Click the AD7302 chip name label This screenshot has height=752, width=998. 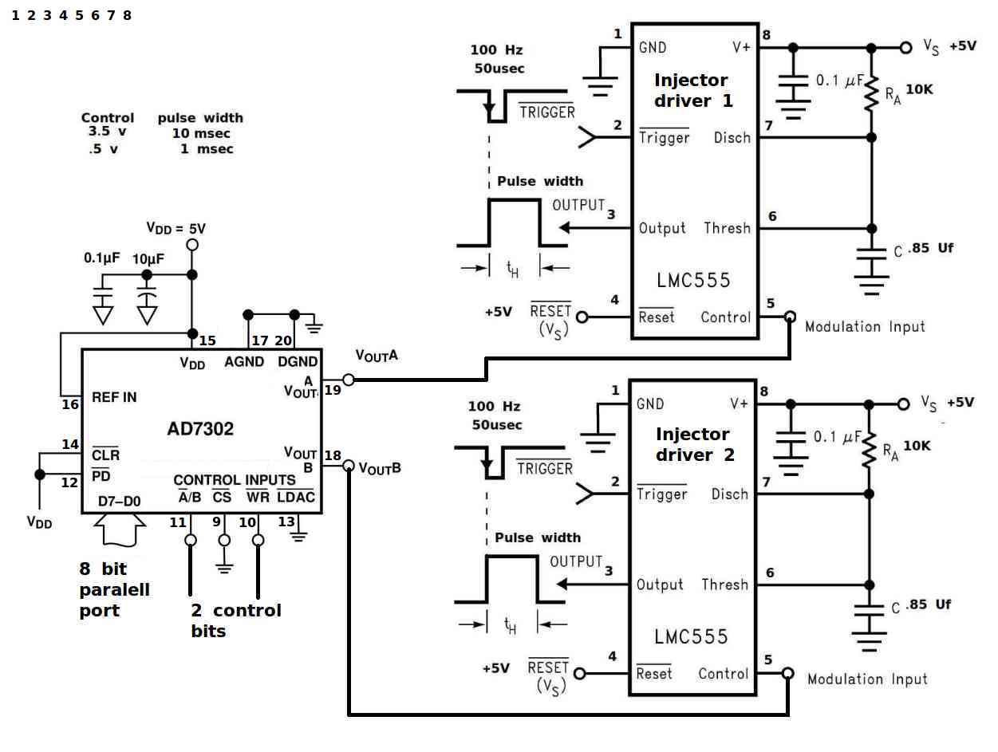(200, 428)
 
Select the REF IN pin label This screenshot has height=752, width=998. (114, 397)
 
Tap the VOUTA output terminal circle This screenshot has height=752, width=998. (349, 380)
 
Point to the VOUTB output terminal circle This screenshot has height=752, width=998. (349, 465)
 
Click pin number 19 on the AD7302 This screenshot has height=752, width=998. (333, 390)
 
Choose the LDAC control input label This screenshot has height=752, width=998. (295, 496)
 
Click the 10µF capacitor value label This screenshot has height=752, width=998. (148, 258)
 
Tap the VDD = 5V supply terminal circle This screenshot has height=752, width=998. (192, 245)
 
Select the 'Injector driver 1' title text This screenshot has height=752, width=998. (692, 90)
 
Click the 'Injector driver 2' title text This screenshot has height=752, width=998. (694, 444)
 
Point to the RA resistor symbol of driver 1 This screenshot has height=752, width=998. (871, 93)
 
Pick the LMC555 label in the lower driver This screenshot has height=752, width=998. (691, 636)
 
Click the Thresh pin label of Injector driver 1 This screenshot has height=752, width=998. (727, 227)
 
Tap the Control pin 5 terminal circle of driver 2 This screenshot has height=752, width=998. (788, 673)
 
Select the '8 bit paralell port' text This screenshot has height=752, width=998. (115, 589)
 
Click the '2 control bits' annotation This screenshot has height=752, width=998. (236, 620)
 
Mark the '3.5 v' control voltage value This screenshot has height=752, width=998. (108, 132)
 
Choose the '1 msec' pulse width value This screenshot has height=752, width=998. (207, 148)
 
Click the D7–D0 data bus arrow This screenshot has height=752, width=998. (120, 530)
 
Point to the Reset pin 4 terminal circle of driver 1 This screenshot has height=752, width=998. (582, 317)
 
